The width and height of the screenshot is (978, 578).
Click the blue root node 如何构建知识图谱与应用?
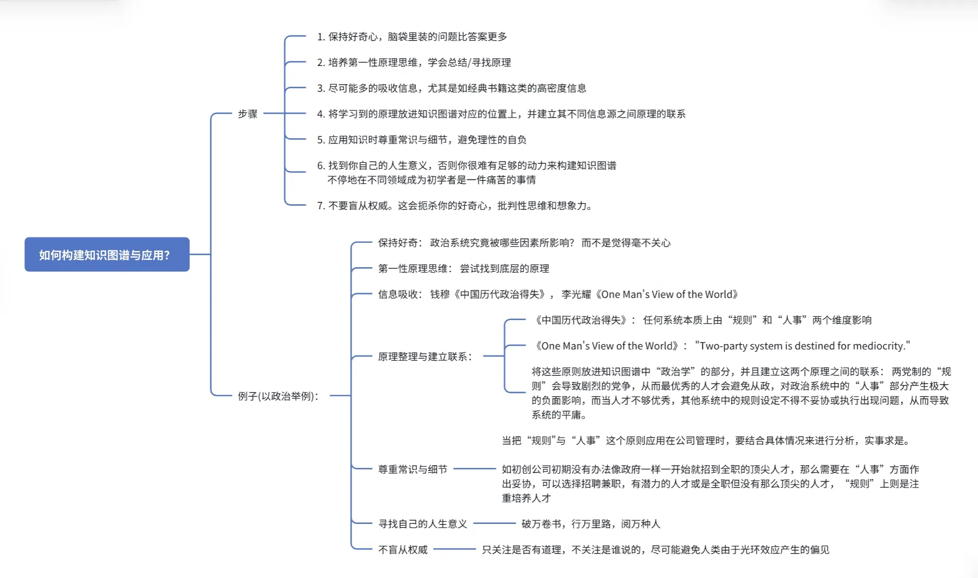107,255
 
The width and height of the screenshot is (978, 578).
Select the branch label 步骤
247,114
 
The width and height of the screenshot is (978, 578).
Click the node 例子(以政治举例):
278,396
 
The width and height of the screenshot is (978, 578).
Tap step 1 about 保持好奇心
412,37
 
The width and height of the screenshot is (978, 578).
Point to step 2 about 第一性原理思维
414,62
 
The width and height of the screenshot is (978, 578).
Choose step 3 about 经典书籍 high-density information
451,88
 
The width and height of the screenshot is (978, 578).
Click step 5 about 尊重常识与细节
421,140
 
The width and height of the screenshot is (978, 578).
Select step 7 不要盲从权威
454,206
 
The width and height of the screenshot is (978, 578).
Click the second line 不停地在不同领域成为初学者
432,180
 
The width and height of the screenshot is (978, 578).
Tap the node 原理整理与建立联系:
425,357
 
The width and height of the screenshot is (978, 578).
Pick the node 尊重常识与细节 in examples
412,469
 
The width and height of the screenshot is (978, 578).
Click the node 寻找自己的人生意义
422,524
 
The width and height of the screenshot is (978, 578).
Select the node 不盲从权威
402,550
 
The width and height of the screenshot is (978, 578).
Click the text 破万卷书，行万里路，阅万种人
591,524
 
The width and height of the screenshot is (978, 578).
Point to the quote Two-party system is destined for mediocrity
802,346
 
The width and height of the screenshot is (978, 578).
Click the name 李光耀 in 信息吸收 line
576,295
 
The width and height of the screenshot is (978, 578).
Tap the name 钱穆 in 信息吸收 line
439,295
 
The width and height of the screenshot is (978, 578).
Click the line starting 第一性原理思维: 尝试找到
463,269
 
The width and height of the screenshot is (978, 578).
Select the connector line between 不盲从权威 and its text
454,549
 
